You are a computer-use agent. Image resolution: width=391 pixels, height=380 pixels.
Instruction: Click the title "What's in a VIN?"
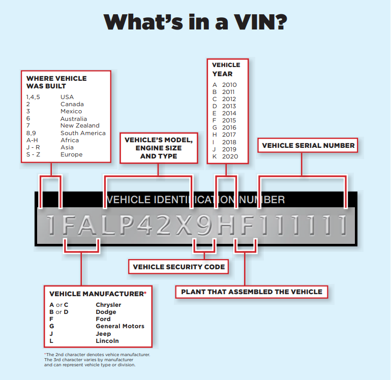click(195, 22)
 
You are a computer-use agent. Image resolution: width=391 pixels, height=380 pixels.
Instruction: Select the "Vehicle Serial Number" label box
click(308, 145)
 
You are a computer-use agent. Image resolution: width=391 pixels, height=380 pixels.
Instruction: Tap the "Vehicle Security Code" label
click(178, 267)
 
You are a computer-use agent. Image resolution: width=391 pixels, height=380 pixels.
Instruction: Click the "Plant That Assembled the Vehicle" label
click(252, 292)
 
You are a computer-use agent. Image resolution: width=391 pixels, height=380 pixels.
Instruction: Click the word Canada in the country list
click(72, 104)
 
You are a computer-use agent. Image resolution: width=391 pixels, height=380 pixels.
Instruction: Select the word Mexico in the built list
click(71, 111)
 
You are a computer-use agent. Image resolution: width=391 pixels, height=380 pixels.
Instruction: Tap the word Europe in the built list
click(71, 154)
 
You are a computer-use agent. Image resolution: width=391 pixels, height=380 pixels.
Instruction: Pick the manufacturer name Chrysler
click(108, 305)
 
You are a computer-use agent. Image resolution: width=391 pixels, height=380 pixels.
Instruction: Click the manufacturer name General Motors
click(120, 326)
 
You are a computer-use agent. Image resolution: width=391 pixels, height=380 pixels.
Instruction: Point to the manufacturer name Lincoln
click(107, 340)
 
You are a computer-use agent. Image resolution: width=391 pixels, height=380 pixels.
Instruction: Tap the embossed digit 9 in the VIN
click(204, 225)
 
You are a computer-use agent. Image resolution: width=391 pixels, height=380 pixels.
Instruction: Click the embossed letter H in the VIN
click(225, 225)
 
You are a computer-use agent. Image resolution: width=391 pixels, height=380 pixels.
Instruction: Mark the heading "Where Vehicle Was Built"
click(56, 82)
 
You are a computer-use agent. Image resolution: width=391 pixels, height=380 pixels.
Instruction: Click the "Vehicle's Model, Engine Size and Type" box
click(159, 148)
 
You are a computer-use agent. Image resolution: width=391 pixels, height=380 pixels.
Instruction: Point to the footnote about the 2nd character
click(97, 355)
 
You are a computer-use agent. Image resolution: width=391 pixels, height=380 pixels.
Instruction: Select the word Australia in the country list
click(74, 118)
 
